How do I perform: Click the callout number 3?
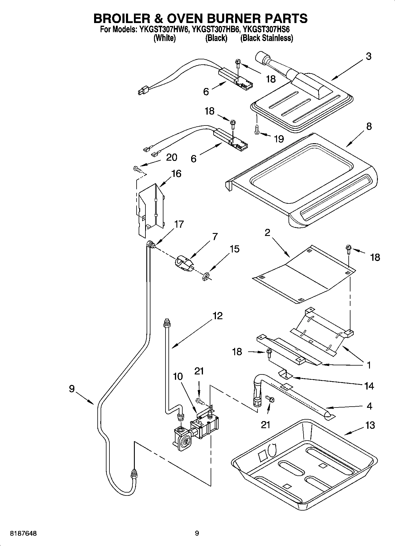pos(368,56)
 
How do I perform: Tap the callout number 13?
pos(370,426)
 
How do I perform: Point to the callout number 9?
pos(72,389)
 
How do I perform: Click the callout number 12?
pos(217,316)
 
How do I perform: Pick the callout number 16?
pos(176,174)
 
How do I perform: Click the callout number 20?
pos(171,157)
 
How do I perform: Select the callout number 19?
pos(278,138)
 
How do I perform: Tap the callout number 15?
pos(235,249)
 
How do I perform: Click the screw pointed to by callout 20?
pos(137,169)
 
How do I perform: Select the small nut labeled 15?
pos(206,276)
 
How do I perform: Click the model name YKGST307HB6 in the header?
pos(217,30)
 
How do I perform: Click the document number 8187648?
pos(23,534)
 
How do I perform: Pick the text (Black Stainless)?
pos(266,38)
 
